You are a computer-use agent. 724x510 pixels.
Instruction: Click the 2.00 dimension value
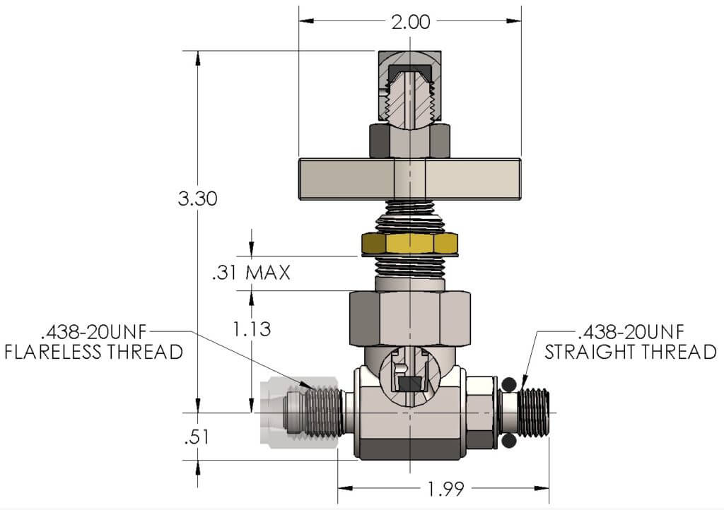(411, 22)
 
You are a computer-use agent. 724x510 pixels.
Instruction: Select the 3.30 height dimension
(198, 198)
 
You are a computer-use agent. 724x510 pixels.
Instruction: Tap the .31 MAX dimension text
(251, 273)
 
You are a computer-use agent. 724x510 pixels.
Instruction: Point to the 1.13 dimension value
(252, 329)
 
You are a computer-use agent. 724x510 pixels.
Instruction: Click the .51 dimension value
(197, 437)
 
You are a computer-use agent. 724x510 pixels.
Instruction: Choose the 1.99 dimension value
(445, 489)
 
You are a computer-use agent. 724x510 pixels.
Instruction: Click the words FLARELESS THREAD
(94, 352)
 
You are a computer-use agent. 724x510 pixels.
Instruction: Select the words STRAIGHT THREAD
(630, 352)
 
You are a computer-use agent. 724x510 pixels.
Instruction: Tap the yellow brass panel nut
(410, 243)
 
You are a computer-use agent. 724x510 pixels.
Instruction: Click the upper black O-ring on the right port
(509, 384)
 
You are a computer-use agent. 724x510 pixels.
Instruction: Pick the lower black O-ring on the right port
(509, 441)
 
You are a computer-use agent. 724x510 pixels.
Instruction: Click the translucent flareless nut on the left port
(299, 413)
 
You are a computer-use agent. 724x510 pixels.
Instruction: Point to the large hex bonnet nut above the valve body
(410, 318)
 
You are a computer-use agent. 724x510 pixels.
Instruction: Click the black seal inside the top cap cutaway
(409, 70)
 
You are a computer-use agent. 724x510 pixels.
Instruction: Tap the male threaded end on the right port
(535, 413)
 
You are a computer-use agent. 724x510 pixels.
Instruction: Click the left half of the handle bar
(346, 179)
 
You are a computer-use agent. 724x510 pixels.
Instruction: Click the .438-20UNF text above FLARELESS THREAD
(94, 331)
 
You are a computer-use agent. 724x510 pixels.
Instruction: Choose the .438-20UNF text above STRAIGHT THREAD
(631, 331)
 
